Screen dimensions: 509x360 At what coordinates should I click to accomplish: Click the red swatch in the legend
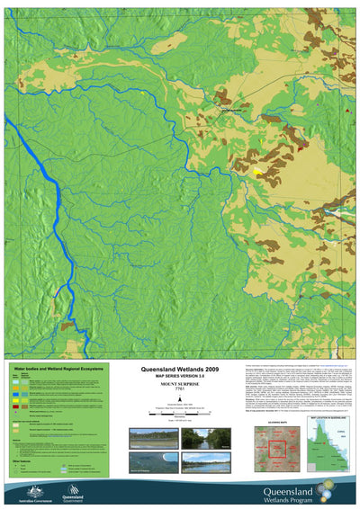[x=14, y=406]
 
